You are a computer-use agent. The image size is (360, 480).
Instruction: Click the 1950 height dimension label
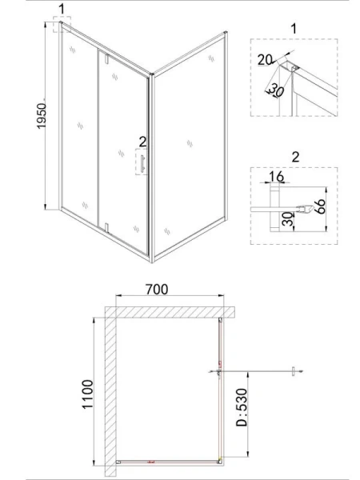coord(42,116)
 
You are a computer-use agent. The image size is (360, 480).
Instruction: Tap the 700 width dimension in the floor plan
coord(157,290)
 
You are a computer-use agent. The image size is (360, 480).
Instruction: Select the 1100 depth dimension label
coord(87,394)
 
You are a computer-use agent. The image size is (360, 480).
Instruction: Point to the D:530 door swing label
coord(242,407)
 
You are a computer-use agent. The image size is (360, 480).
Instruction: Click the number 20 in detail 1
coord(265,60)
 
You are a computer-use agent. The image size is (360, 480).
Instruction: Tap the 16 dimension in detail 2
coord(277,177)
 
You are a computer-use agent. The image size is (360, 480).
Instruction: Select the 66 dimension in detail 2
coord(319,206)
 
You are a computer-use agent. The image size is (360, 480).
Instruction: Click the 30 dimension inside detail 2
coord(287,219)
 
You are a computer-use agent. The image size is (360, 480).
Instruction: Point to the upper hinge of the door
coord(106,58)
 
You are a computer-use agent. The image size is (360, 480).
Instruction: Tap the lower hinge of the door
coord(106,228)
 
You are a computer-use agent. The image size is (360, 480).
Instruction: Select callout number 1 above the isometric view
coord(62,9)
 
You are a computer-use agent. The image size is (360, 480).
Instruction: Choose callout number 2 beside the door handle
coord(142,142)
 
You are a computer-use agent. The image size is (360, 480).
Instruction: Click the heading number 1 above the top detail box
coord(294,29)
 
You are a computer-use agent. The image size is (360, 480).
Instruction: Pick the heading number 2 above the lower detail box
coord(295,157)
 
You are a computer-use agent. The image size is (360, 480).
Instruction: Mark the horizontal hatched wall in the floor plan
coord(170,312)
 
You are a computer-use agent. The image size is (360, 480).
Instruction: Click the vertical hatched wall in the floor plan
coord(110,391)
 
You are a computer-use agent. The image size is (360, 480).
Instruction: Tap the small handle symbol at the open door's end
coord(293,371)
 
